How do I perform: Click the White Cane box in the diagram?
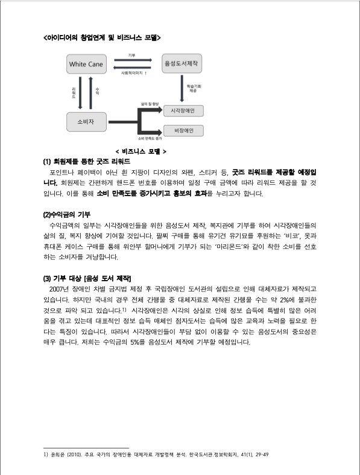click(86, 63)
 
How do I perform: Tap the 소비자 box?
click(86, 121)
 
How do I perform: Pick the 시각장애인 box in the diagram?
click(183, 111)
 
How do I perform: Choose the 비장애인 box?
click(183, 130)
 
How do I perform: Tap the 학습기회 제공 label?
click(192, 89)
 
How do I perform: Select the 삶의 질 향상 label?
click(150, 103)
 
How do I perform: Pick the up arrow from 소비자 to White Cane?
click(91, 91)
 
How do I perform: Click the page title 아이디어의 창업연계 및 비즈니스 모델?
click(102, 37)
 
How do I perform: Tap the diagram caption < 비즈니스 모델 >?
click(140, 151)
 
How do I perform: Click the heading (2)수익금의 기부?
click(66, 214)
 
